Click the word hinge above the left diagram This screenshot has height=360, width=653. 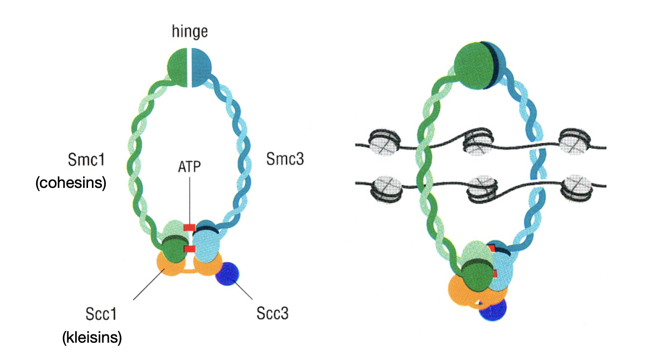pyautogui.click(x=189, y=32)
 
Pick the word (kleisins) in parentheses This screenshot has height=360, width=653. pyautogui.click(x=92, y=338)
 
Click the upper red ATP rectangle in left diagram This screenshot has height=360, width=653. pyautogui.click(x=189, y=227)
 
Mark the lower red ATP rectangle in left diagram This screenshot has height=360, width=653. pyautogui.click(x=189, y=249)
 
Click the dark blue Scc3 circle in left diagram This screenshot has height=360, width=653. pyautogui.click(x=227, y=274)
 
